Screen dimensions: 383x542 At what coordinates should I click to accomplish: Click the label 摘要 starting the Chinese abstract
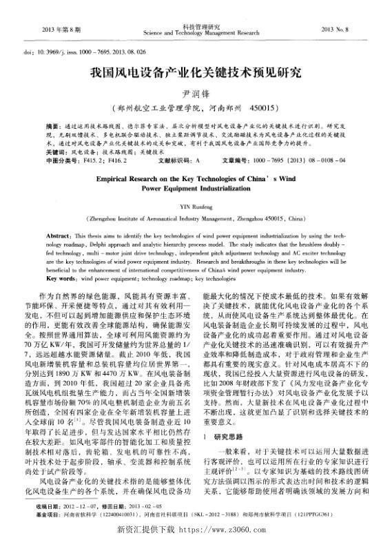point(53,127)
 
